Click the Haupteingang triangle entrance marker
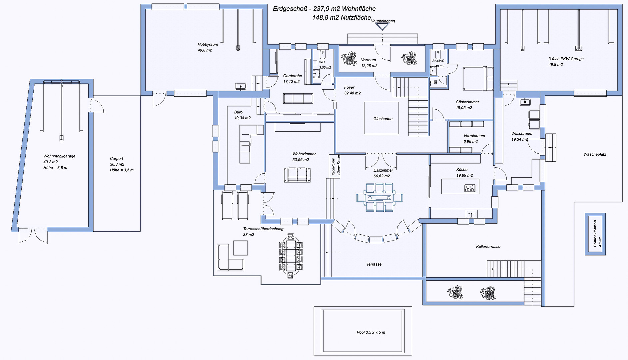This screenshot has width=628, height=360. [382, 27]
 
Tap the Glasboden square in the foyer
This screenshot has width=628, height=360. [381, 118]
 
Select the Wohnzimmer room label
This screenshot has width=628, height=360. [304, 154]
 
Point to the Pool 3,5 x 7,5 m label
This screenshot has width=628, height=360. [371, 332]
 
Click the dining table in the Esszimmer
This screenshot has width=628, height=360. [379, 197]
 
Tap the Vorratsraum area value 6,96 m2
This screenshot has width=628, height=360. [470, 142]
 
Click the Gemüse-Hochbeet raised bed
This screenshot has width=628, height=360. [595, 234]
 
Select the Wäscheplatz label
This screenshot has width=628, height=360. [595, 154]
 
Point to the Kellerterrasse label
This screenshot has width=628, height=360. [488, 247]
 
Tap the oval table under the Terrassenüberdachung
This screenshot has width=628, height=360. [291, 256]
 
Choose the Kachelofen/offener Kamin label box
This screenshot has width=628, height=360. [335, 166]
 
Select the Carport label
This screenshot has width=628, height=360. [117, 159]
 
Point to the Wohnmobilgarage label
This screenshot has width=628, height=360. [59, 156]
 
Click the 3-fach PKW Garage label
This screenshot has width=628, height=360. [566, 59]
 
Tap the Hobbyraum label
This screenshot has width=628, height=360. [208, 44]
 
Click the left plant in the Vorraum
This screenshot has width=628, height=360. [349, 58]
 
